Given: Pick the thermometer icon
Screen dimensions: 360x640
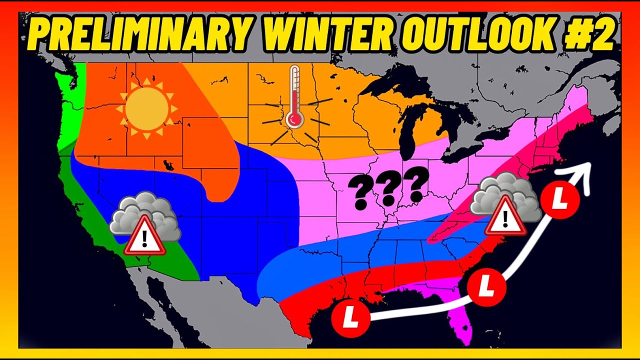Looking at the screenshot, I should click(294, 97).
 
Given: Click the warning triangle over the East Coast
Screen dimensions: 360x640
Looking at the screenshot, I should click(506, 216).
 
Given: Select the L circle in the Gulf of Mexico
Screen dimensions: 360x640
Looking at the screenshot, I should click(351, 317).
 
